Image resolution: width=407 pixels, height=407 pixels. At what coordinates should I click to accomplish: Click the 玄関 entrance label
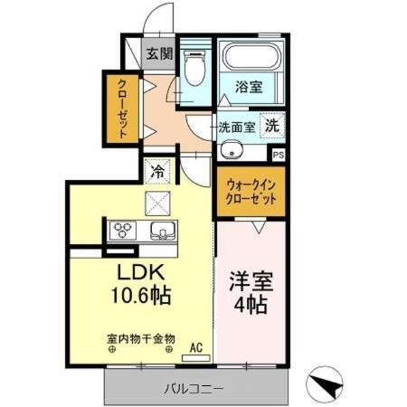click(x=159, y=53)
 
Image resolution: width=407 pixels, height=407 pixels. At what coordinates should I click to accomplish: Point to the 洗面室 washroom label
click(x=236, y=128)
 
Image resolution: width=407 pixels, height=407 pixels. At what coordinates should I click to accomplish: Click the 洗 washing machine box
click(x=271, y=127)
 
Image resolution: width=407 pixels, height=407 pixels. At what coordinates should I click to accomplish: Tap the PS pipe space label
click(x=278, y=155)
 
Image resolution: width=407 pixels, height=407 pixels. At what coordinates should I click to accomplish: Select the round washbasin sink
click(x=230, y=150)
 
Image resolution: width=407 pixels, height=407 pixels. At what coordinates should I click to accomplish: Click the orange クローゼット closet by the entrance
click(x=121, y=109)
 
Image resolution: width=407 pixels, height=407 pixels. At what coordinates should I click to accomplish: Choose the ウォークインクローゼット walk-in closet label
click(x=251, y=191)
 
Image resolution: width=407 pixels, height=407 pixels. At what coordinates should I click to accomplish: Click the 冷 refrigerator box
click(x=159, y=169)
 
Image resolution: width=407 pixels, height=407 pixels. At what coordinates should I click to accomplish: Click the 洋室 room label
click(x=247, y=280)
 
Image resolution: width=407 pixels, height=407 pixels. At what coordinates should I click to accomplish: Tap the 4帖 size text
click(x=247, y=305)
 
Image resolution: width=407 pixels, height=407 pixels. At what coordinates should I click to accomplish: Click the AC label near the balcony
click(x=195, y=345)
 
